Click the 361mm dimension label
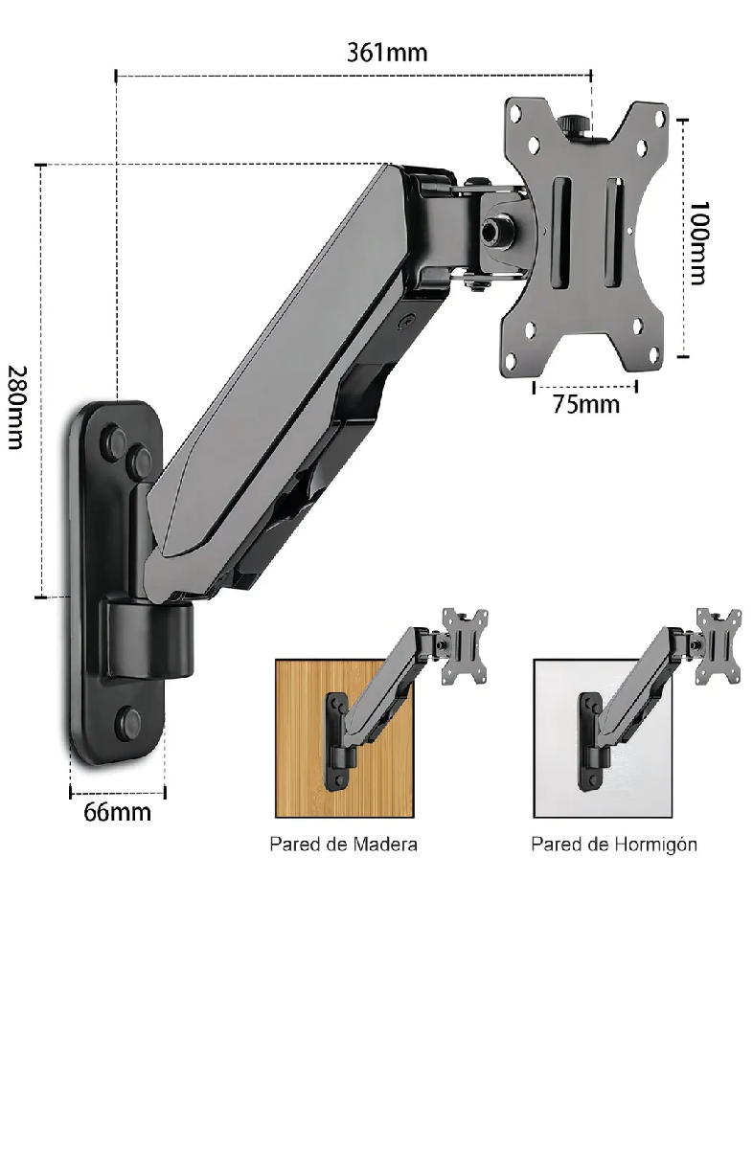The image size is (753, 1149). click(386, 52)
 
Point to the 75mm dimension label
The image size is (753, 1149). click(585, 404)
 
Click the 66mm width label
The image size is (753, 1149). click(117, 813)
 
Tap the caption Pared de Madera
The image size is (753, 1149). click(343, 845)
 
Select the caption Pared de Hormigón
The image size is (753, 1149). click(614, 845)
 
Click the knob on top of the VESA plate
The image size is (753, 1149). click(575, 126)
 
